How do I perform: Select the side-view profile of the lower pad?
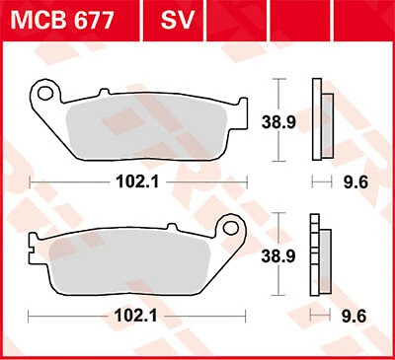(x=317, y=253)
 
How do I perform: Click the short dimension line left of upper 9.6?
(x=319, y=182)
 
